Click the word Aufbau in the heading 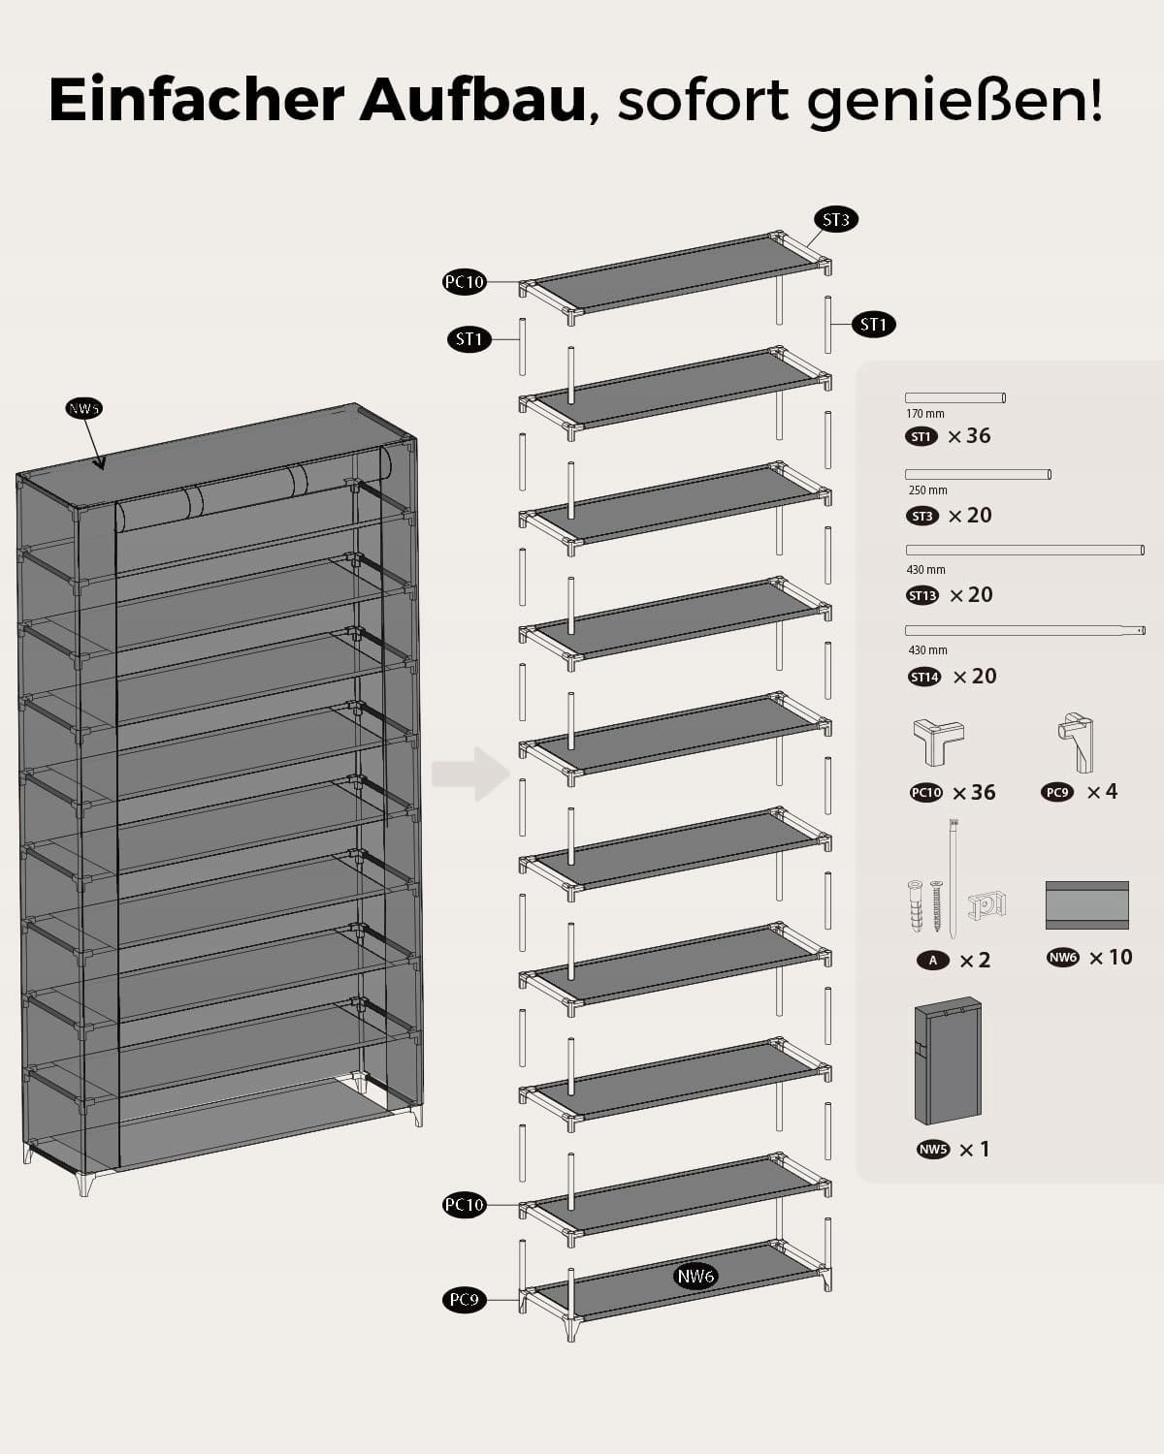coord(472,99)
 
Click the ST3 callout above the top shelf coord(835,220)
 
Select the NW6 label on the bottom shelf coord(695,1276)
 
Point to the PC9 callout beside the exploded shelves coord(465,1300)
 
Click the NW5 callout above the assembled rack coord(84,408)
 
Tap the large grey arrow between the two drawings coord(471,774)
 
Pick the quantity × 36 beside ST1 coord(969,436)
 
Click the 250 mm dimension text coord(928,490)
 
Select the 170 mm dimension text coord(925,414)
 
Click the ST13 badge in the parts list coord(922,595)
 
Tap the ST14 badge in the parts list coord(924,677)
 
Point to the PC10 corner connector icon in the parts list coord(938,742)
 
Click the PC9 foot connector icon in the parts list coord(1075,742)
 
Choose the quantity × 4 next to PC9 coord(1102,792)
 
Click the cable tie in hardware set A coord(954,877)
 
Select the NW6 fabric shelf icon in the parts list coord(1086,905)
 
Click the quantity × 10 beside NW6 coord(1111,958)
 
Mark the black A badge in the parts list coord(933,960)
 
